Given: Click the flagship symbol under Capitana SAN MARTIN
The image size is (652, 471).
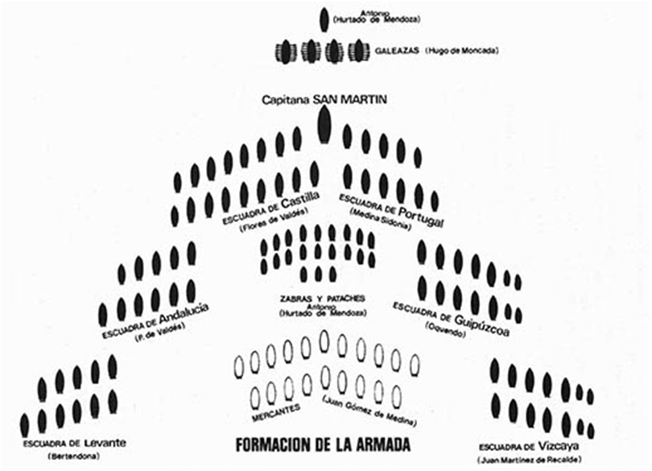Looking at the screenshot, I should click(324, 124).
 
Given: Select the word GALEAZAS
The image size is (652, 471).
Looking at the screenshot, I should click(394, 51).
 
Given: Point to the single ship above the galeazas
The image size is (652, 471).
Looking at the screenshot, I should click(324, 20).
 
